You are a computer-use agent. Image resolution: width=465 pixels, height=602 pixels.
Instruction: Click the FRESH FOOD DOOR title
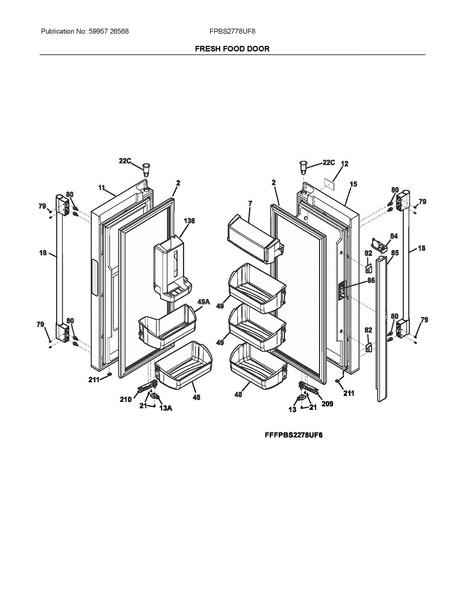coord(232,49)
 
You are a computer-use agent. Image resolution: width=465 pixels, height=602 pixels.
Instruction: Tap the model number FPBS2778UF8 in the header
coord(232,31)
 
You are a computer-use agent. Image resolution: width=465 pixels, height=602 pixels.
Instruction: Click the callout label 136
coord(189,221)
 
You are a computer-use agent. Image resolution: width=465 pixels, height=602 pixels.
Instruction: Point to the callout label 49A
coord(203,302)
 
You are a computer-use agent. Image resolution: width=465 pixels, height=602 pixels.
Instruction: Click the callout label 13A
coord(166,408)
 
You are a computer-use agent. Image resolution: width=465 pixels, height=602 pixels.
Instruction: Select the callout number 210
coord(125,399)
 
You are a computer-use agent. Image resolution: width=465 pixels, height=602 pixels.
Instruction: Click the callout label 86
coord(371,281)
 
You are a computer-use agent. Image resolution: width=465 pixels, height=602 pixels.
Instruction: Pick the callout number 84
coord(394,236)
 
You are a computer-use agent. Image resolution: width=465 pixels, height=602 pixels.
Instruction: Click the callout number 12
coord(345,164)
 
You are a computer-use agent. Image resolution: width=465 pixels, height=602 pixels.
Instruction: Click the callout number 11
coord(102,188)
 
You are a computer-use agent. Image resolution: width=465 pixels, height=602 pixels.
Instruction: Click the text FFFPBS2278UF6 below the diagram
coord(293,435)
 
